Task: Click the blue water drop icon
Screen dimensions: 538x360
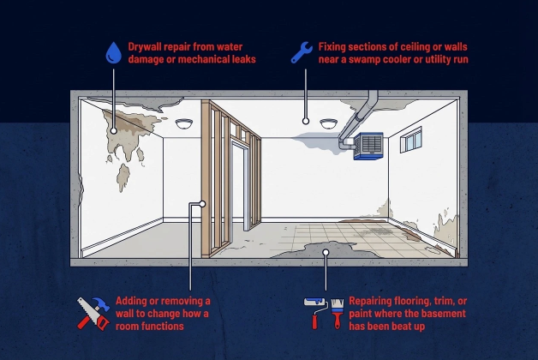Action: tap(113, 52)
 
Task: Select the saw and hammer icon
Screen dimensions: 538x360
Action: tap(92, 313)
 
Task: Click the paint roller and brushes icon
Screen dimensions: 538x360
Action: tap(325, 313)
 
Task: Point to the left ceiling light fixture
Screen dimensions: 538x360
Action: tap(184, 124)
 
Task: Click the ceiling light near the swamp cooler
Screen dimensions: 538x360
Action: tap(329, 124)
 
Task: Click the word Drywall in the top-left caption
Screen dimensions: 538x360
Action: tap(147, 46)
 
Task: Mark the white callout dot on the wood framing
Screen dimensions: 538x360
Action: tap(202, 204)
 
